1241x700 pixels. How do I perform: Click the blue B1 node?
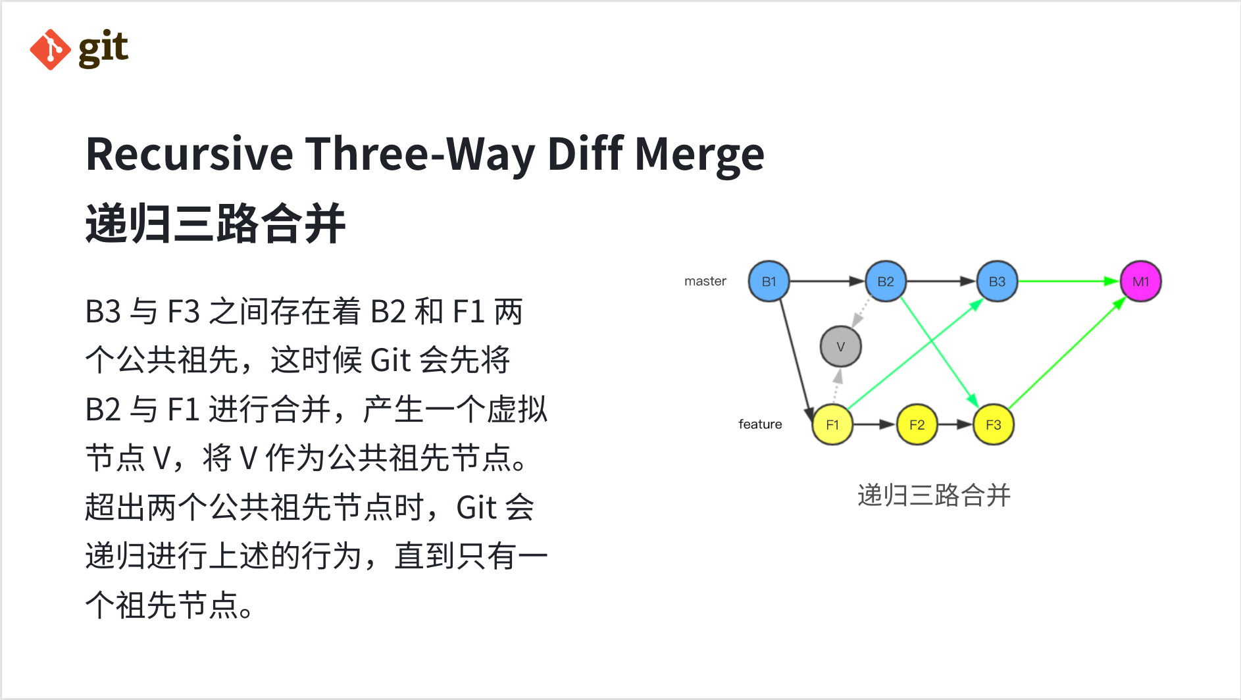tap(769, 282)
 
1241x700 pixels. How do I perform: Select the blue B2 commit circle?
tap(886, 282)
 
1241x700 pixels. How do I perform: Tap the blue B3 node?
tap(997, 282)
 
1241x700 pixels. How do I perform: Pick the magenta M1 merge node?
tap(1141, 282)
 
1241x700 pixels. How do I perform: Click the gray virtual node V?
tap(841, 347)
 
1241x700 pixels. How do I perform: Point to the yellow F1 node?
tap(832, 424)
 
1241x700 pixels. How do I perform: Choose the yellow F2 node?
tap(917, 424)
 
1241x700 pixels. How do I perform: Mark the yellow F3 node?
tap(994, 424)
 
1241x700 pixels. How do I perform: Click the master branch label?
tap(705, 281)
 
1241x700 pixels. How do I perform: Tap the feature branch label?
tap(760, 424)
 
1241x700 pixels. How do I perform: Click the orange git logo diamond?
tap(50, 49)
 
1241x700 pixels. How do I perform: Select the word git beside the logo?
tap(103, 49)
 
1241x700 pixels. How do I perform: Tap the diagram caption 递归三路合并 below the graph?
tap(934, 495)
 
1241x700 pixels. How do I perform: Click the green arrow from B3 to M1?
tap(1069, 282)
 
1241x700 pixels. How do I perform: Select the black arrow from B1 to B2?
tap(827, 282)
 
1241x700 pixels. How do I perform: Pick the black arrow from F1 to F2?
tap(874, 424)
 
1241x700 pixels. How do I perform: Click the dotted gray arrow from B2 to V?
tap(861, 313)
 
